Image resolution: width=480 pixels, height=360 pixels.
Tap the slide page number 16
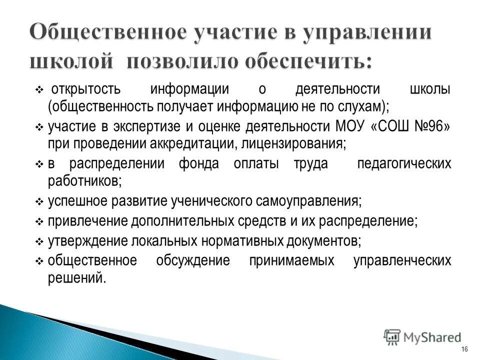465,348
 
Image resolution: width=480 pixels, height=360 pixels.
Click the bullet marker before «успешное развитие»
40,202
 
